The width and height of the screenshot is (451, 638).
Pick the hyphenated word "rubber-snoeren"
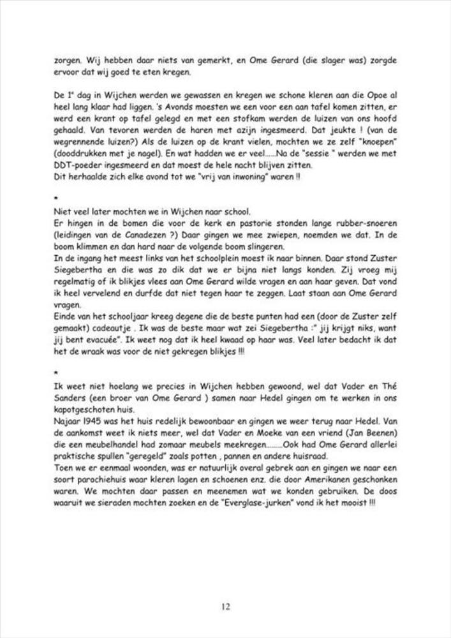pyautogui.click(x=368, y=223)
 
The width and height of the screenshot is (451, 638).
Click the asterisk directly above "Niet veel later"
pyautogui.click(x=56, y=200)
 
